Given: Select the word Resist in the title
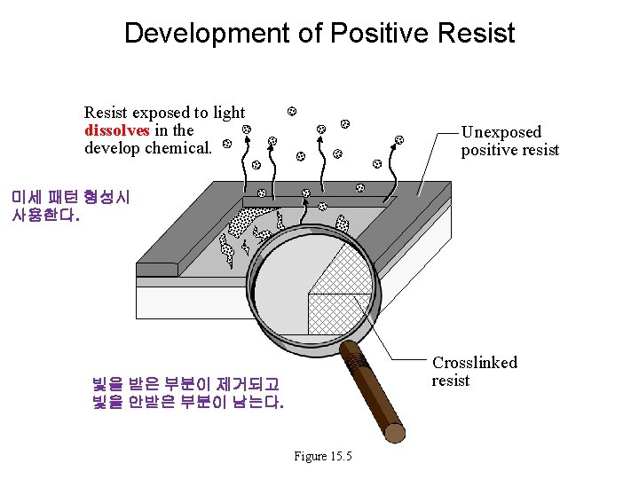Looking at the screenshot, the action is click(477, 34).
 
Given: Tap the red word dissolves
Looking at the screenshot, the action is click(117, 130).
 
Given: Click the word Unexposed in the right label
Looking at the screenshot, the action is click(501, 132).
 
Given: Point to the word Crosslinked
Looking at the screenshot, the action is click(475, 362).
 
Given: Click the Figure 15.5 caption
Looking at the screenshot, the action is click(323, 456).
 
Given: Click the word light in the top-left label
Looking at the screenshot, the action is click(229, 113).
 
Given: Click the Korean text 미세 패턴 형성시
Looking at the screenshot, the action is click(70, 197).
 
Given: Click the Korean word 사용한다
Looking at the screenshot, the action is click(45, 215).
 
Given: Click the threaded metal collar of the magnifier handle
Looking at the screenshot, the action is click(354, 358).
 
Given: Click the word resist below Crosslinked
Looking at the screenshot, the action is click(450, 381).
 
